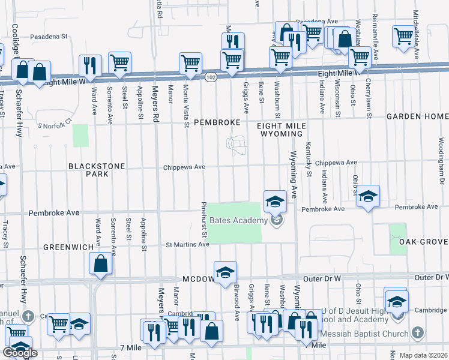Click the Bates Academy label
[x=238, y=221]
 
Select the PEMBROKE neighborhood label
[x=217, y=122]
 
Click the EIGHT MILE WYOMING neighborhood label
[x=282, y=130]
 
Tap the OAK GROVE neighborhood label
[x=425, y=242]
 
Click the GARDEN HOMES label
[x=417, y=116]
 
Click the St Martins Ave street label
[x=187, y=244]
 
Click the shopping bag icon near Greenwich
[x=100, y=263]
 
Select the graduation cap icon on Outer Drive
[x=225, y=272]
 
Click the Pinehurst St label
[x=204, y=220]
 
